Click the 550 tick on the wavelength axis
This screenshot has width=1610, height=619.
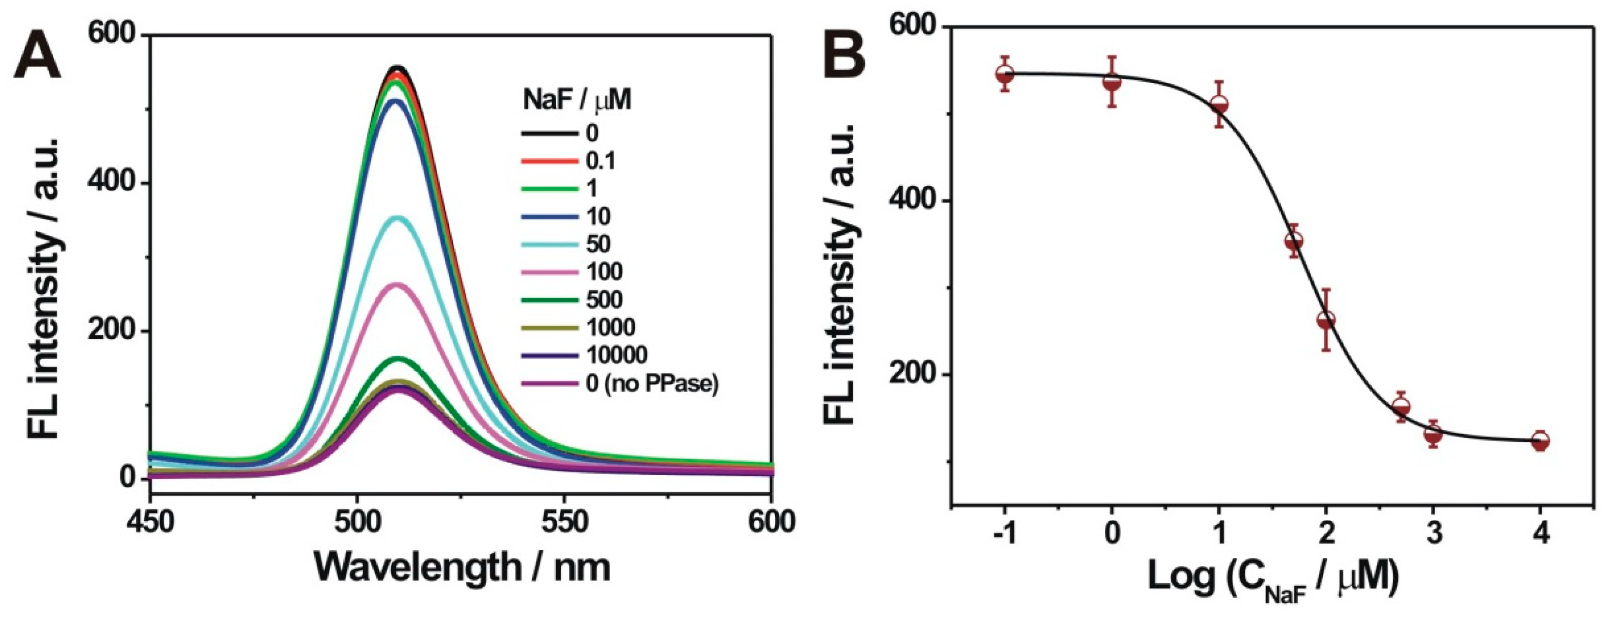click(x=565, y=522)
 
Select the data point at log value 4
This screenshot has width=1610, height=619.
click(x=1541, y=440)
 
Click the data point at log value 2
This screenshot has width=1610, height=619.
click(x=1326, y=320)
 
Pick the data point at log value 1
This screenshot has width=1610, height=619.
click(x=1219, y=105)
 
